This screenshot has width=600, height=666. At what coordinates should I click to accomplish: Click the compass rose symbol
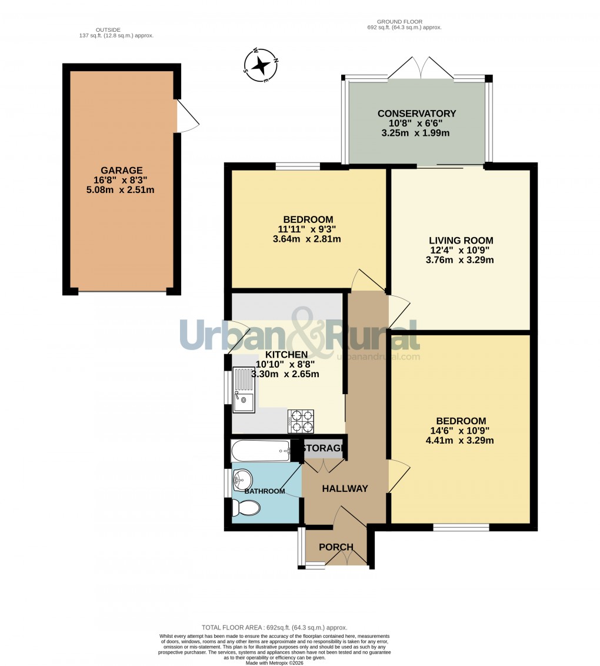click(261, 64)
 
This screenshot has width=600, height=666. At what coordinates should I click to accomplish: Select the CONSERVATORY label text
click(416, 114)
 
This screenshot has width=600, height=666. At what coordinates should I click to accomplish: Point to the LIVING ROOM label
click(461, 240)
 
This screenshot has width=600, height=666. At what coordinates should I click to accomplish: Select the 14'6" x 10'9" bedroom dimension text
click(461, 431)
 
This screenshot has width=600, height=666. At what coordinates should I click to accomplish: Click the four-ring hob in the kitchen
click(301, 421)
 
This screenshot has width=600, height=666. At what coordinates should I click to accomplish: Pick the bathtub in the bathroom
click(261, 451)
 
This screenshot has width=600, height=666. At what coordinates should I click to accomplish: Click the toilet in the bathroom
click(246, 508)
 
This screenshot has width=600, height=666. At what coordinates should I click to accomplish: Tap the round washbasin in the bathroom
click(242, 479)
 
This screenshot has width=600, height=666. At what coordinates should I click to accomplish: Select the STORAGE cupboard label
click(322, 449)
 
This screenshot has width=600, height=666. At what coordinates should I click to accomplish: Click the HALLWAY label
click(345, 488)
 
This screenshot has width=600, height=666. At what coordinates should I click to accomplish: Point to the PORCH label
click(336, 547)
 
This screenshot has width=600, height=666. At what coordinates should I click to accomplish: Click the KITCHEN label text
click(286, 355)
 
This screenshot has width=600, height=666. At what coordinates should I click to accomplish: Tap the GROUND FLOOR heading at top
click(403, 22)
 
